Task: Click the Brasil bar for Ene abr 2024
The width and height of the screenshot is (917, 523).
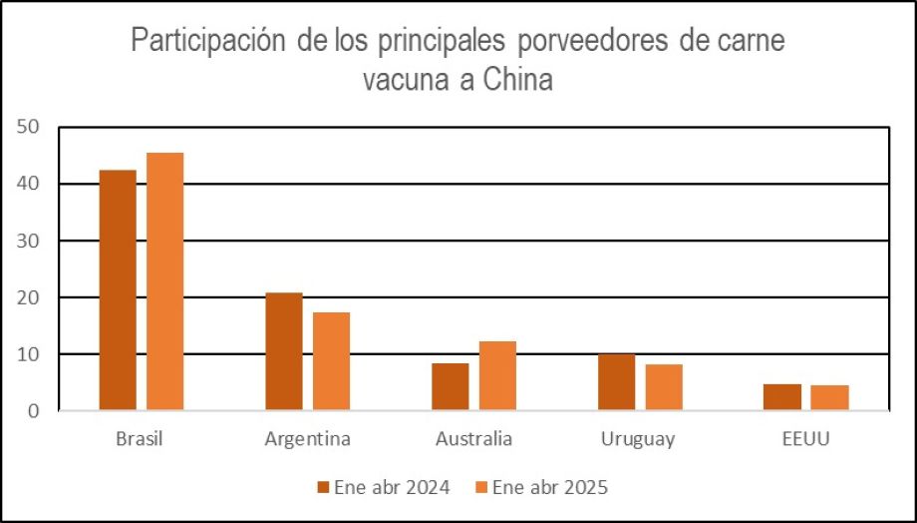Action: pos(118,289)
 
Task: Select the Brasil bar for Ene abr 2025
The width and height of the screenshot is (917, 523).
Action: pos(164,280)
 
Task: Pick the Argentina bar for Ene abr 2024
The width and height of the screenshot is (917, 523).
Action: pos(284,351)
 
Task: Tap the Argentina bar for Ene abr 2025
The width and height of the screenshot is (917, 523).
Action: pos(331,360)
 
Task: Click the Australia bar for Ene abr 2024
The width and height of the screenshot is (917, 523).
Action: pos(451,386)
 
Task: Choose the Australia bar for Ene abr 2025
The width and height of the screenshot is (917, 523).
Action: pos(497,375)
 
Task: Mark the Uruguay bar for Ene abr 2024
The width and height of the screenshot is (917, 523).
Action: pos(617,382)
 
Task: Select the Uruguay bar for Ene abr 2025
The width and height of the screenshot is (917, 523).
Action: pos(664,387)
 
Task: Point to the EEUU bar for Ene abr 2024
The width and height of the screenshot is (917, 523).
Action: pos(782,397)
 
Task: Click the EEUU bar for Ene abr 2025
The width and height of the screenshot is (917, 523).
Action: pos(830,397)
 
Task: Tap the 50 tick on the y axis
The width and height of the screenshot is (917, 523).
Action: pos(27,127)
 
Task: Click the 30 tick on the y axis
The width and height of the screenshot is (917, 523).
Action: pos(27,241)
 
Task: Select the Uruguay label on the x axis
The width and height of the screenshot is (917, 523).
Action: pos(638,439)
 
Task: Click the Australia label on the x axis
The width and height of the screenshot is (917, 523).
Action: pos(473,439)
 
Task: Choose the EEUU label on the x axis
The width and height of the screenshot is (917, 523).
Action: pos(806,439)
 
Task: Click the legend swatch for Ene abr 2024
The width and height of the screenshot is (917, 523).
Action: pos(323,487)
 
